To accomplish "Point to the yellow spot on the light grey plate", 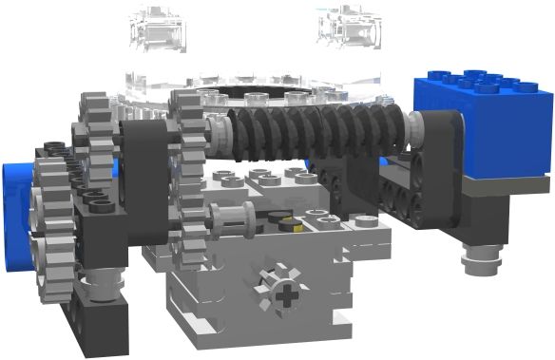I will tap(296, 226).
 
